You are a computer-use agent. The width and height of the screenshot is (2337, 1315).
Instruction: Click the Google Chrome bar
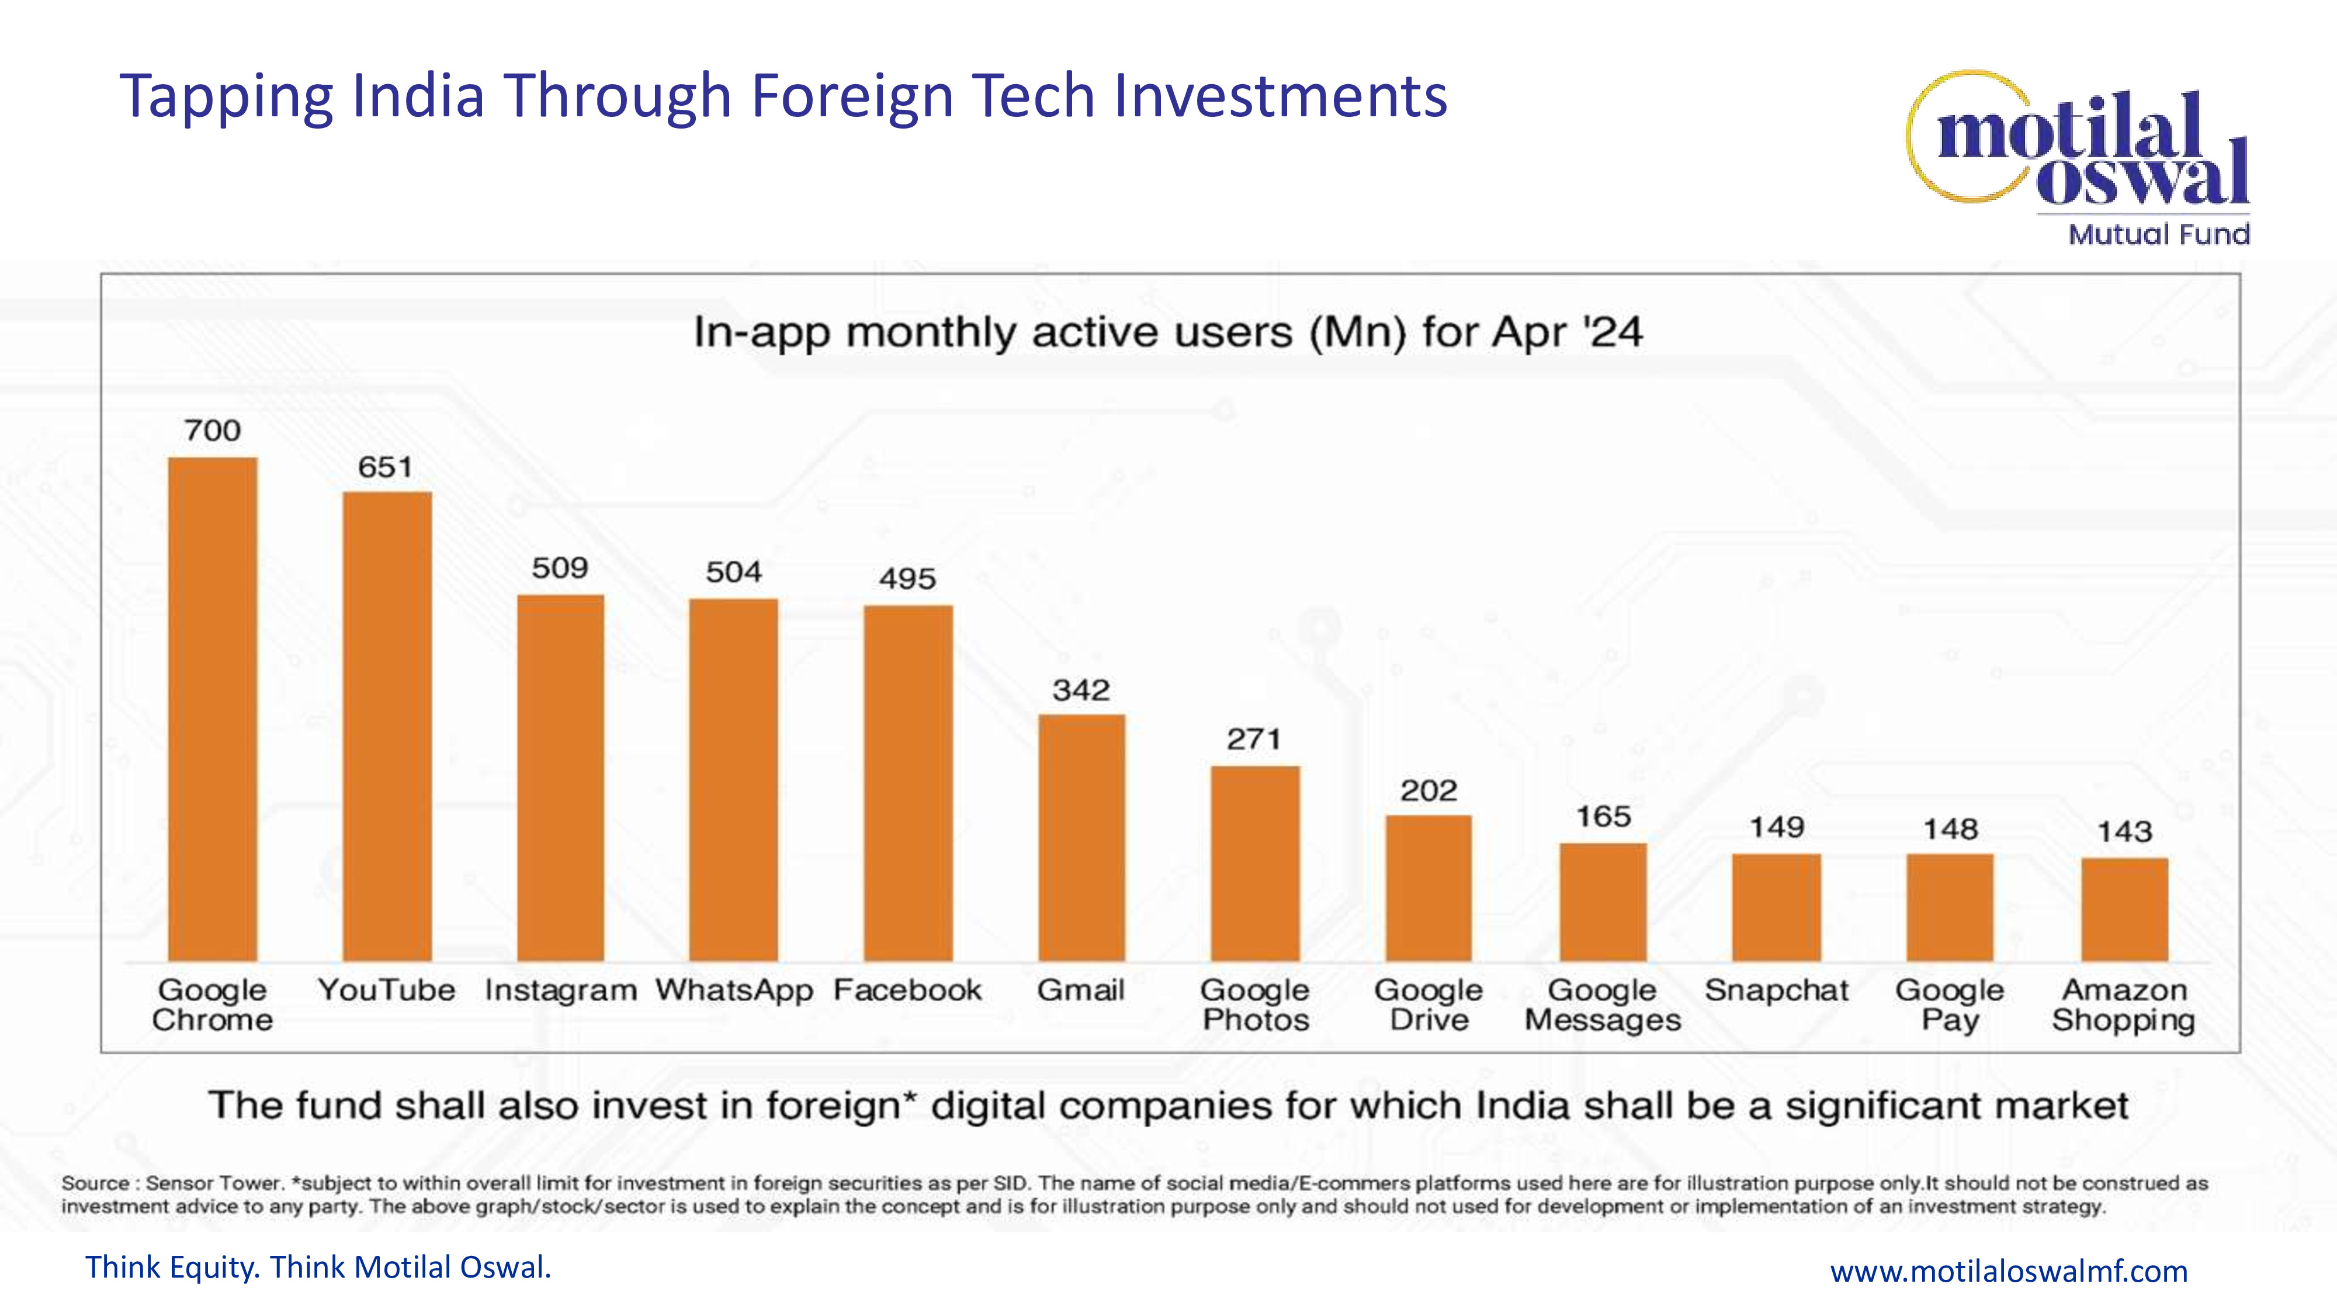(212, 709)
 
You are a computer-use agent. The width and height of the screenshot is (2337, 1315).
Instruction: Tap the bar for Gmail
(1081, 838)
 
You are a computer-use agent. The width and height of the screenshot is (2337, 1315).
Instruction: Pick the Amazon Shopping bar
(2125, 909)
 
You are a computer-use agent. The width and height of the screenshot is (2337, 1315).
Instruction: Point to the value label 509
(560, 568)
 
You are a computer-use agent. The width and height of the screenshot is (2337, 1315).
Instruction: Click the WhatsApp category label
(734, 990)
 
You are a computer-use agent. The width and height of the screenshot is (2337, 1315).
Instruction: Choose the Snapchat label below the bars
(1776, 990)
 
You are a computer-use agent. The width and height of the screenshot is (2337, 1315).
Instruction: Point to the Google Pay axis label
(1950, 1005)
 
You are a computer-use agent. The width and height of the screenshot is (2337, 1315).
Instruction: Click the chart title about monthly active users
(1167, 332)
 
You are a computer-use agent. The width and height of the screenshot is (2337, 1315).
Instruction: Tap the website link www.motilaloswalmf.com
(2009, 1271)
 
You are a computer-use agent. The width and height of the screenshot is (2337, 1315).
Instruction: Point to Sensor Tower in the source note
(214, 1183)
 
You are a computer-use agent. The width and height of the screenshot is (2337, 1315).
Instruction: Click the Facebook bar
(908, 783)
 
